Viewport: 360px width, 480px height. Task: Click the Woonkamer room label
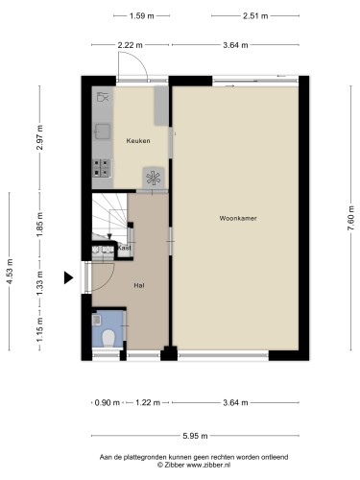(x=238, y=218)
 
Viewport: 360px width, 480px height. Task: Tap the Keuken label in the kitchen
(x=138, y=140)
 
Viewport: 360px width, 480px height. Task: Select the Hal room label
(x=138, y=285)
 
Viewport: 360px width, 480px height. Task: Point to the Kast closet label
(x=125, y=248)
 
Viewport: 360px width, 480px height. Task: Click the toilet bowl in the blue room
(x=108, y=338)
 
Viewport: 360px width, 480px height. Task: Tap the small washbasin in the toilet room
(x=97, y=319)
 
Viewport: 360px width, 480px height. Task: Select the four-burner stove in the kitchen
(x=102, y=168)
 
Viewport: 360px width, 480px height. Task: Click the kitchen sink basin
(x=103, y=132)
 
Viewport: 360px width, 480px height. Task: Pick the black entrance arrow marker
(x=68, y=277)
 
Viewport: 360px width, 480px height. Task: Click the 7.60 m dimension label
(x=351, y=218)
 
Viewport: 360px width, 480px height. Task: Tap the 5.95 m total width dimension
(x=196, y=436)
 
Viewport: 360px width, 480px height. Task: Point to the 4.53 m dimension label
(x=10, y=272)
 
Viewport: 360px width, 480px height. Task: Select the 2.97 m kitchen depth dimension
(x=39, y=137)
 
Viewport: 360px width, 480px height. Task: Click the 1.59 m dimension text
(x=142, y=15)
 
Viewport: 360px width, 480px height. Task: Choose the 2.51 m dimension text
(x=255, y=15)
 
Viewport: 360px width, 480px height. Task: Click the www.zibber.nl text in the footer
(x=208, y=465)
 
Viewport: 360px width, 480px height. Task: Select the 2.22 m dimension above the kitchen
(x=130, y=45)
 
